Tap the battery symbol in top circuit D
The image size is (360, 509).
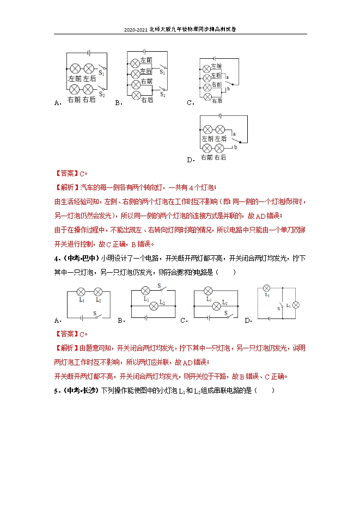pos(220,115)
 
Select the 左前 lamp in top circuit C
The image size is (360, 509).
pos(206,69)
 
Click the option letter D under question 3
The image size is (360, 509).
pos(190,160)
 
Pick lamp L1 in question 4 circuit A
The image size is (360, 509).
pos(81,291)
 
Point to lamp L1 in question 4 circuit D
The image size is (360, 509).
pos(267,288)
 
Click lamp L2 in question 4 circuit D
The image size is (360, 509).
pos(296,305)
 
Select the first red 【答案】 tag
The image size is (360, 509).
pos(66,174)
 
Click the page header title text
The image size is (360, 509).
pos(180,30)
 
